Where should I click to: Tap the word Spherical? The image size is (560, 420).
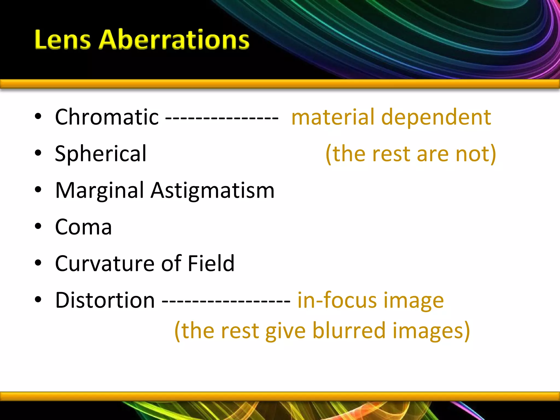click(x=101, y=154)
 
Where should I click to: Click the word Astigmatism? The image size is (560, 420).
click(x=212, y=191)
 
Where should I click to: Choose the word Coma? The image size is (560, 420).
click(x=83, y=227)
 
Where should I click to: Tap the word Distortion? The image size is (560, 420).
click(x=105, y=300)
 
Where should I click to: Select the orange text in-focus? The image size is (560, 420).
click(x=337, y=300)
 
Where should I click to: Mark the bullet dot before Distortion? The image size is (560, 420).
click(x=38, y=300)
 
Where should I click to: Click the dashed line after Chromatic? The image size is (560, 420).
click(x=222, y=118)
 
